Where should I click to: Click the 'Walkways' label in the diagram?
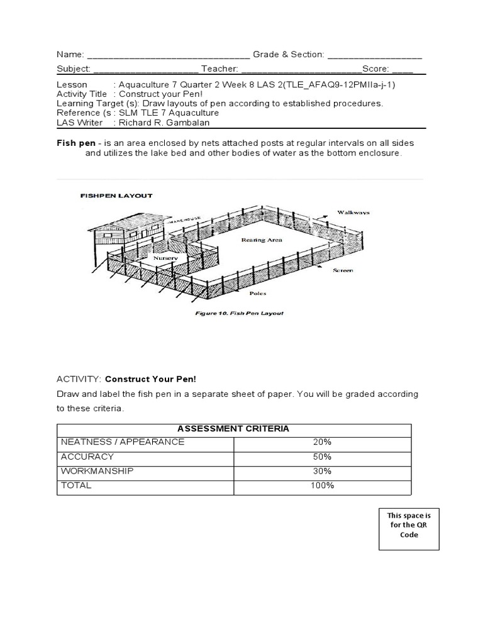point(353,213)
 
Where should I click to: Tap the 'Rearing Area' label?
point(262,240)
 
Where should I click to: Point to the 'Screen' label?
point(343,270)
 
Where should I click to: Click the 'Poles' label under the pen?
point(257,293)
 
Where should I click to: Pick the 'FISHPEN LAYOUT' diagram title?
point(116,196)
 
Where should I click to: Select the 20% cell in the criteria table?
point(322,442)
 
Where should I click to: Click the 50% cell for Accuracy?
point(322,457)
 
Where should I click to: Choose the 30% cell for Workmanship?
point(322,471)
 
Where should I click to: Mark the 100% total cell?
point(322,486)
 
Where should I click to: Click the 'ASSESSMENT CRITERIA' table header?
point(233,428)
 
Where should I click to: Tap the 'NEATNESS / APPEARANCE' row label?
point(123,442)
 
